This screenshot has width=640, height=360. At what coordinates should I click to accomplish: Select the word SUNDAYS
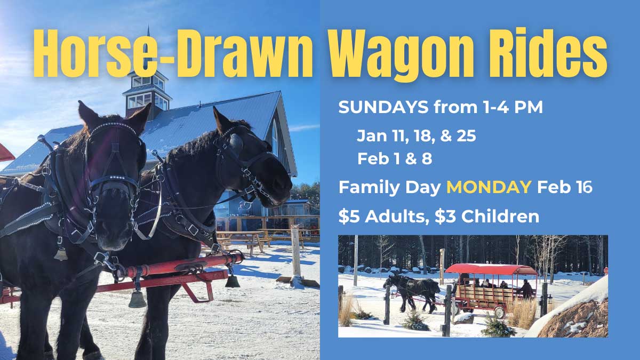[x=383, y=107]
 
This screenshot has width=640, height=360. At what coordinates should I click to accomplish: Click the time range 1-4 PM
[x=513, y=107]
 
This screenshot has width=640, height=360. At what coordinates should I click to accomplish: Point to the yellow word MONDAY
[x=489, y=187]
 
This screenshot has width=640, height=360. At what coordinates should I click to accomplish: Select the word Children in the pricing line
[x=500, y=217]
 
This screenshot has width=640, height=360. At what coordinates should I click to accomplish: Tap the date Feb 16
[x=565, y=187]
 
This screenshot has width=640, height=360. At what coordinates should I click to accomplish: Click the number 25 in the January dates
[x=466, y=136]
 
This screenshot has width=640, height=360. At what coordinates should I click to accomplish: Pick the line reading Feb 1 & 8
[x=395, y=158]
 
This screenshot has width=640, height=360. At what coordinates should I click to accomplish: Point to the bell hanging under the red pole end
[x=232, y=281]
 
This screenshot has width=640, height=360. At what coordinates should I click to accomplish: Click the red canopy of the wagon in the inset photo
[x=491, y=269]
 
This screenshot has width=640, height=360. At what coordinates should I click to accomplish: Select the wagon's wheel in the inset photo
[x=499, y=312]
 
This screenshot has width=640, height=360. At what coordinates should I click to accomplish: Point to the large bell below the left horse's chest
[x=137, y=299]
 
